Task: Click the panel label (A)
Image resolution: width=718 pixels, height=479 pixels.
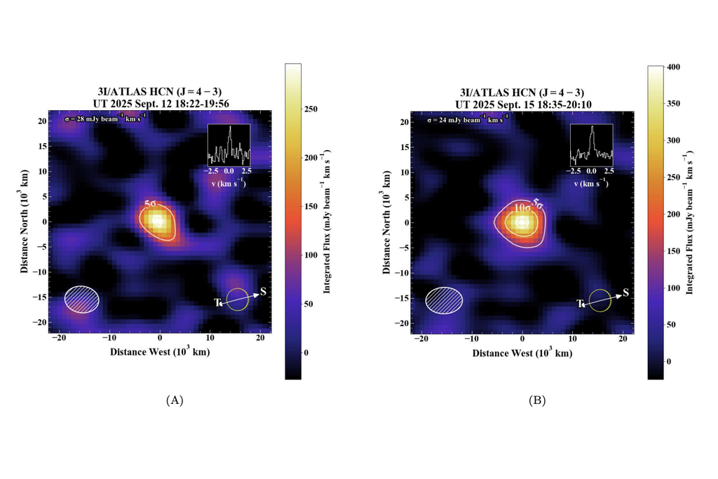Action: pos(175,400)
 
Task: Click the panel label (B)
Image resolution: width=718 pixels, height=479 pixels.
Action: pos(537,400)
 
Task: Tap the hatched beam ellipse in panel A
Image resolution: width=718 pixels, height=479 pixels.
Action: pos(82,299)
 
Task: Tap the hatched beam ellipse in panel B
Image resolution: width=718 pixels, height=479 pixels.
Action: pos(444,299)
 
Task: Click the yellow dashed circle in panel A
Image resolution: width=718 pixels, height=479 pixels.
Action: pos(238,299)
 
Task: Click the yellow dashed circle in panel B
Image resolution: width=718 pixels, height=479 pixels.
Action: pos(600,299)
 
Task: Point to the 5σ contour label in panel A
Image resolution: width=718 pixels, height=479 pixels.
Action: pos(151,204)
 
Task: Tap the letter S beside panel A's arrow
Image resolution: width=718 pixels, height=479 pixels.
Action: pos(263,292)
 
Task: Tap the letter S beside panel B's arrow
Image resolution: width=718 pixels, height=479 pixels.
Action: pos(625,292)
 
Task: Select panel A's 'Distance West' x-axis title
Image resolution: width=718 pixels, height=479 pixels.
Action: pos(159,352)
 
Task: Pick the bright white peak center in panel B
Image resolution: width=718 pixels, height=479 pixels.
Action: pos(522,223)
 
